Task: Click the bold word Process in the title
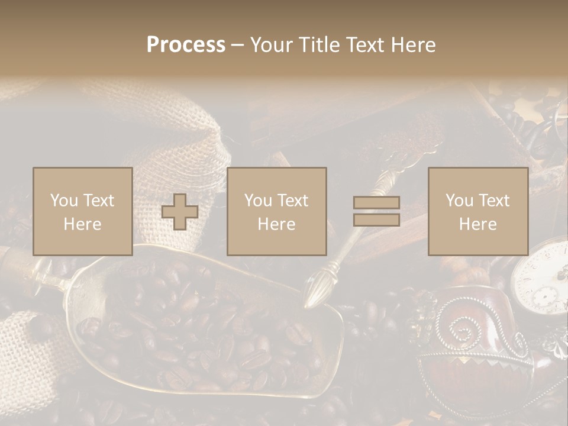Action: click(186, 45)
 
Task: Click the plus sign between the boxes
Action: click(180, 212)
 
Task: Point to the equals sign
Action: click(376, 211)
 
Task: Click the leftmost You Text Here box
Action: click(82, 211)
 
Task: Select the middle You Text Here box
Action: click(276, 211)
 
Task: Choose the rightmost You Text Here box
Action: click(477, 211)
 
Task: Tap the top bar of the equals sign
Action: click(376, 203)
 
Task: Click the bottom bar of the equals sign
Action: click(376, 220)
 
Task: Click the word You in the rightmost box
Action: click(459, 201)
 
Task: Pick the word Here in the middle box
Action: click(276, 224)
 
